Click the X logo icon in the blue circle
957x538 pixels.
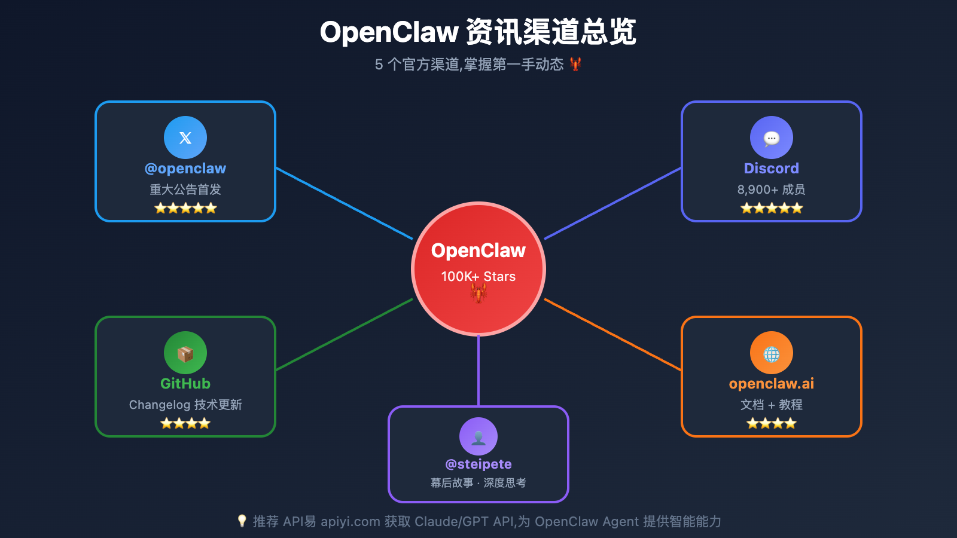pyautogui.click(x=185, y=137)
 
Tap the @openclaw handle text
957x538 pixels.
pyautogui.click(x=185, y=169)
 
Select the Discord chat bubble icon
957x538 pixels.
pyautogui.click(x=772, y=138)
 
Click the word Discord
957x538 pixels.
pyautogui.click(x=771, y=169)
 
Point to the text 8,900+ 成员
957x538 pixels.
pyautogui.click(x=771, y=189)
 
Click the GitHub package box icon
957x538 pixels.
pyautogui.click(x=185, y=354)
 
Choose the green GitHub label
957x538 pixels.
pyautogui.click(x=185, y=384)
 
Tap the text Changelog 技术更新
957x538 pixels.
pyautogui.click(x=185, y=405)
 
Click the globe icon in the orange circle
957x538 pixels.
pyautogui.click(x=772, y=354)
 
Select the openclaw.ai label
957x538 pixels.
pyautogui.click(x=771, y=384)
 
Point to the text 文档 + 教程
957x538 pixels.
pyautogui.click(x=771, y=405)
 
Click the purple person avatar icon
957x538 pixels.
pyautogui.click(x=478, y=438)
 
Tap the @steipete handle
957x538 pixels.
pyautogui.click(x=478, y=464)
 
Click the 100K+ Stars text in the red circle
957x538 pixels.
pyautogui.click(x=478, y=276)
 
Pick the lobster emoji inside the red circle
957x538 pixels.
pyautogui.click(x=478, y=293)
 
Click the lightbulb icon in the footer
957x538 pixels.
pyautogui.click(x=242, y=521)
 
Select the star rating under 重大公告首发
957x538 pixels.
pyautogui.click(x=185, y=208)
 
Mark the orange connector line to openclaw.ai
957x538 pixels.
pyautogui.click(x=612, y=335)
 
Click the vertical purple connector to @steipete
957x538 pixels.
pyautogui.click(x=478, y=371)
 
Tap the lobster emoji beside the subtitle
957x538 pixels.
pyautogui.click(x=575, y=64)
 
